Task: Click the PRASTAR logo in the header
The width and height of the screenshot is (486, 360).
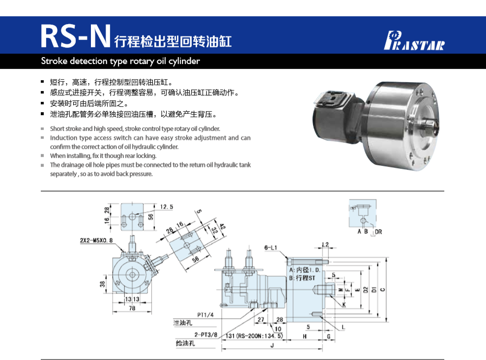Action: [x=414, y=40]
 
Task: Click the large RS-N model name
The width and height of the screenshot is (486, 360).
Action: [x=76, y=36]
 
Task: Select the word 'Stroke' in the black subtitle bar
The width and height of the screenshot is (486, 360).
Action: [x=54, y=61]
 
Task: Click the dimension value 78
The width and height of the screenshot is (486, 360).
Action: [x=132, y=308]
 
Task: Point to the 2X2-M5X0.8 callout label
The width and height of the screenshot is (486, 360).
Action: [x=96, y=240]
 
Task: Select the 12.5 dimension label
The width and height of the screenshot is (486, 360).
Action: [x=167, y=207]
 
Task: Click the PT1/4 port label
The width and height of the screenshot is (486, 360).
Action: [x=205, y=315]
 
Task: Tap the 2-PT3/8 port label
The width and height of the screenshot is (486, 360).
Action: [x=206, y=334]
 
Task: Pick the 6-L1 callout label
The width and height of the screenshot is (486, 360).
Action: [x=270, y=247]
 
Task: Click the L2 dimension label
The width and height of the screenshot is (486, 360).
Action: [x=325, y=244]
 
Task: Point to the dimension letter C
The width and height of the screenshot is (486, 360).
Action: [x=382, y=289]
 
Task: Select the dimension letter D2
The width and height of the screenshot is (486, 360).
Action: [x=366, y=290]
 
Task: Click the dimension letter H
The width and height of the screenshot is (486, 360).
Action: [x=305, y=336]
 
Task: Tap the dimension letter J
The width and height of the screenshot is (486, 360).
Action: [x=272, y=345]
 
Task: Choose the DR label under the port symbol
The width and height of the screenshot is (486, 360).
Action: [x=378, y=232]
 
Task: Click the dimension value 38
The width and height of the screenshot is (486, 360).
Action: [x=103, y=284]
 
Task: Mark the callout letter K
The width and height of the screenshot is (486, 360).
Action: [x=343, y=305]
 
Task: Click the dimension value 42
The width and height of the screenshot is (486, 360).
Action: [x=222, y=226]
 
